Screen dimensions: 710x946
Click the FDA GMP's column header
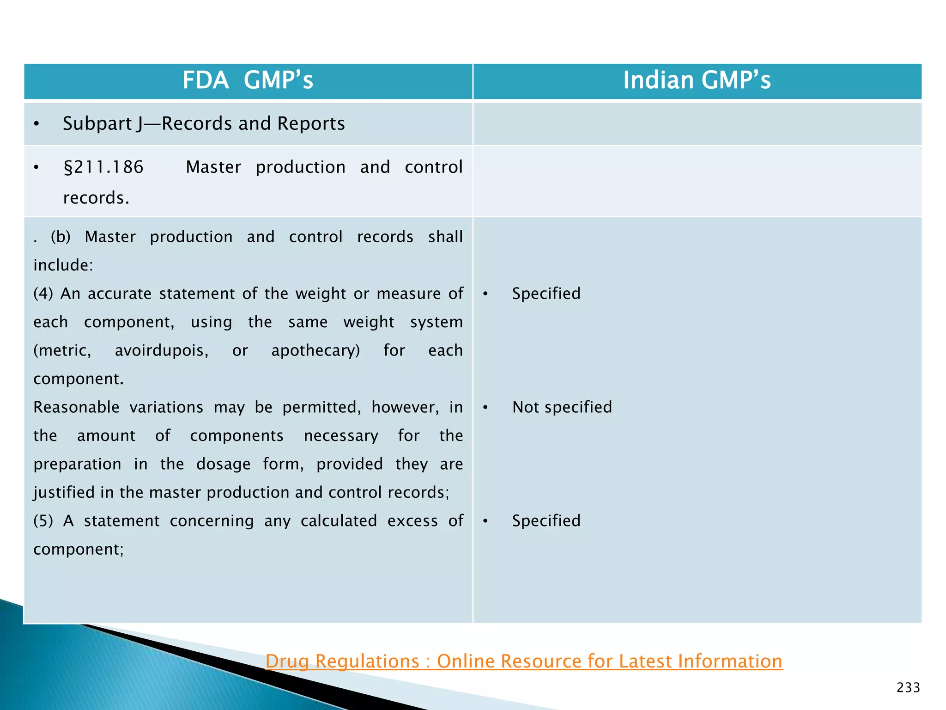pyautogui.click(x=248, y=80)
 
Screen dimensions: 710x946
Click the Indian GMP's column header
pyautogui.click(x=697, y=80)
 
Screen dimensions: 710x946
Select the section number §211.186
pyautogui.click(x=103, y=167)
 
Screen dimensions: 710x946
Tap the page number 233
pyautogui.click(x=908, y=688)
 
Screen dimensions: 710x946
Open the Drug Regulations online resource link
pyautogui.click(x=524, y=661)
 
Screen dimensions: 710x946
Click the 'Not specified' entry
pyautogui.click(x=562, y=407)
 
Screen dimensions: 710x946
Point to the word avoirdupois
pyautogui.click(x=162, y=350)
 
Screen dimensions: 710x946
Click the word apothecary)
pyautogui.click(x=315, y=350)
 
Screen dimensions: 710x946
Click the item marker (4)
pyautogui.click(x=43, y=294)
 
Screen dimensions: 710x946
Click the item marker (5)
pyautogui.click(x=43, y=521)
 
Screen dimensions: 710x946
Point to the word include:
pyautogui.click(x=63, y=265)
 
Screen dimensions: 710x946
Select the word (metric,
pyautogui.click(x=62, y=350)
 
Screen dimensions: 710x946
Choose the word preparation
pyautogui.click(x=77, y=464)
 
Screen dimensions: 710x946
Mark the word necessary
pyautogui.click(x=341, y=436)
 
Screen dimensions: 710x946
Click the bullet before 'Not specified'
pyautogui.click(x=485, y=407)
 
